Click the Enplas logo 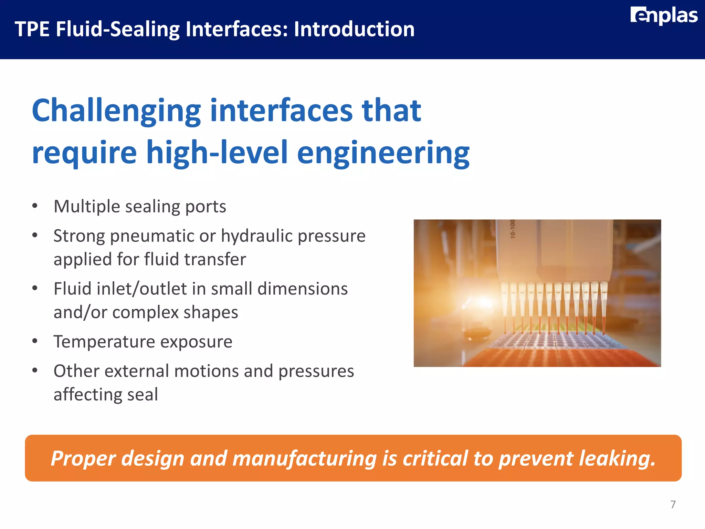tap(664, 16)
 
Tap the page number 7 tap(673, 504)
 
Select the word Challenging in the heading tap(116, 111)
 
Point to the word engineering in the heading tap(383, 153)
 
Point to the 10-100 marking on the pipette tap(513, 229)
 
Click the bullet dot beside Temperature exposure tap(35, 341)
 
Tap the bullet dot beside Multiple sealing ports tap(35, 206)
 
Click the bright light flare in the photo tap(482, 303)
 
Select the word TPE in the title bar tap(32, 29)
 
